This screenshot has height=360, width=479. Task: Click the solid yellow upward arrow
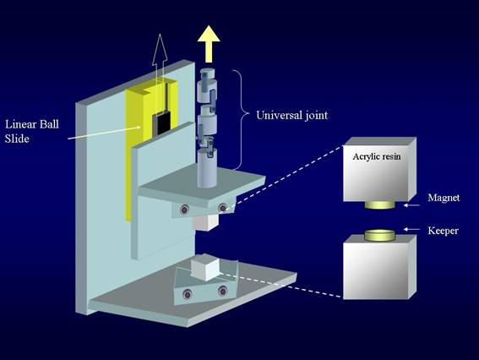[209, 44]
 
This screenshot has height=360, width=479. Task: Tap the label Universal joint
[291, 115]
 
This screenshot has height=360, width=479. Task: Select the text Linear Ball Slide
[32, 132]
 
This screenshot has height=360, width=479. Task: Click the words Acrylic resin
[377, 156]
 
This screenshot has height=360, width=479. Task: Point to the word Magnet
[444, 198]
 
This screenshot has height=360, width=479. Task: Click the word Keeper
[443, 231]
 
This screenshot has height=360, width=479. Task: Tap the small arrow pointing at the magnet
[411, 205]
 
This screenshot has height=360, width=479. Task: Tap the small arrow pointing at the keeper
[411, 229]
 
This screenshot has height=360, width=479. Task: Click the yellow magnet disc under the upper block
[379, 205]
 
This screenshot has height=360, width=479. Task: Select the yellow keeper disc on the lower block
[379, 235]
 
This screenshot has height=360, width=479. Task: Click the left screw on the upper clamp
[184, 210]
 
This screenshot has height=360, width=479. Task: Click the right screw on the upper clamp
[222, 208]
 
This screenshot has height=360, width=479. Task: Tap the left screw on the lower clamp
[187, 295]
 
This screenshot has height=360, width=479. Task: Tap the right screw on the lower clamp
[222, 291]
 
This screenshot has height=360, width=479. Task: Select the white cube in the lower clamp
[205, 269]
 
